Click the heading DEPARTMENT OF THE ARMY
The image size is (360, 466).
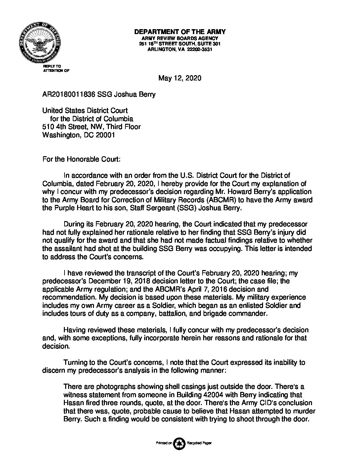click(x=180, y=32)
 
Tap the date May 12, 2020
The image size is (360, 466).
click(x=180, y=78)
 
